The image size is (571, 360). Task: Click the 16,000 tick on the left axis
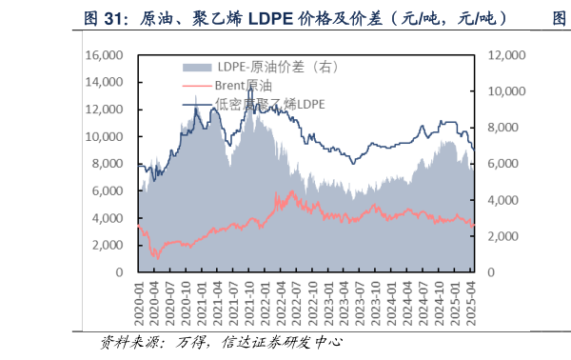pyautogui.click(x=107, y=55)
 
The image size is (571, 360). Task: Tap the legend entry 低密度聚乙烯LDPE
pyautogui.click(x=269, y=104)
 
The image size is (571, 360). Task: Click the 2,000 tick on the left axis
pyautogui.click(x=109, y=246)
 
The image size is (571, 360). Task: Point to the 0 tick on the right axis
pyautogui.click(x=492, y=272)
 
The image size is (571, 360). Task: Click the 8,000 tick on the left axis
pyautogui.click(x=109, y=164)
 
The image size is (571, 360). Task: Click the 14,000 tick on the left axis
pyautogui.click(x=107, y=82)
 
